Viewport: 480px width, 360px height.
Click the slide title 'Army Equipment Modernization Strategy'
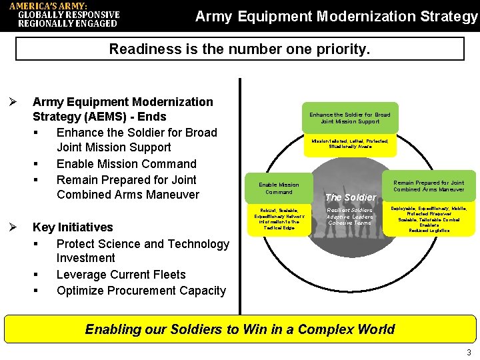click(337, 16)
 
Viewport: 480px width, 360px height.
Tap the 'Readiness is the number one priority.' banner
click(239, 49)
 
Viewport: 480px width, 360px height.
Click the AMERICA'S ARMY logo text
click(65, 15)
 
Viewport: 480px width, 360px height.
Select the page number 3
click(469, 353)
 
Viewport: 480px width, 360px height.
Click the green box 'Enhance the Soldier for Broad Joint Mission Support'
click(350, 118)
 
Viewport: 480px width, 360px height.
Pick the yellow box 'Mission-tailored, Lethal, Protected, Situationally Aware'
click(350, 144)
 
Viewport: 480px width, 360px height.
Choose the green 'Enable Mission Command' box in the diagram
click(279, 188)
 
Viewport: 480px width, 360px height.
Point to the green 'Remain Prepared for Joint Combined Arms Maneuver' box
click(429, 186)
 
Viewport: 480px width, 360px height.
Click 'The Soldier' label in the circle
click(350, 197)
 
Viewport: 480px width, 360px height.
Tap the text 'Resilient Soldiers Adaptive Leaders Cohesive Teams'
click(350, 217)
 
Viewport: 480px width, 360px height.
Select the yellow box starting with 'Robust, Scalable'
click(279, 219)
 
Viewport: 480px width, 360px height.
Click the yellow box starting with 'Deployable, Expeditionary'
click(429, 219)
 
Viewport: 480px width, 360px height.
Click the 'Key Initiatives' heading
click(73, 227)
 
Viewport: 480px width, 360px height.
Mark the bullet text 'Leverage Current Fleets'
click(121, 275)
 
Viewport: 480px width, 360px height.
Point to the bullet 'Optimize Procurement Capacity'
click(141, 291)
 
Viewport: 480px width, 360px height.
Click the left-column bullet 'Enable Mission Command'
click(127, 164)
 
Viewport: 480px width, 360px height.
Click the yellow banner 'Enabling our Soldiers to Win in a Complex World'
click(240, 329)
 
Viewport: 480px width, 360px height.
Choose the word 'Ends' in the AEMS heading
click(151, 117)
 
